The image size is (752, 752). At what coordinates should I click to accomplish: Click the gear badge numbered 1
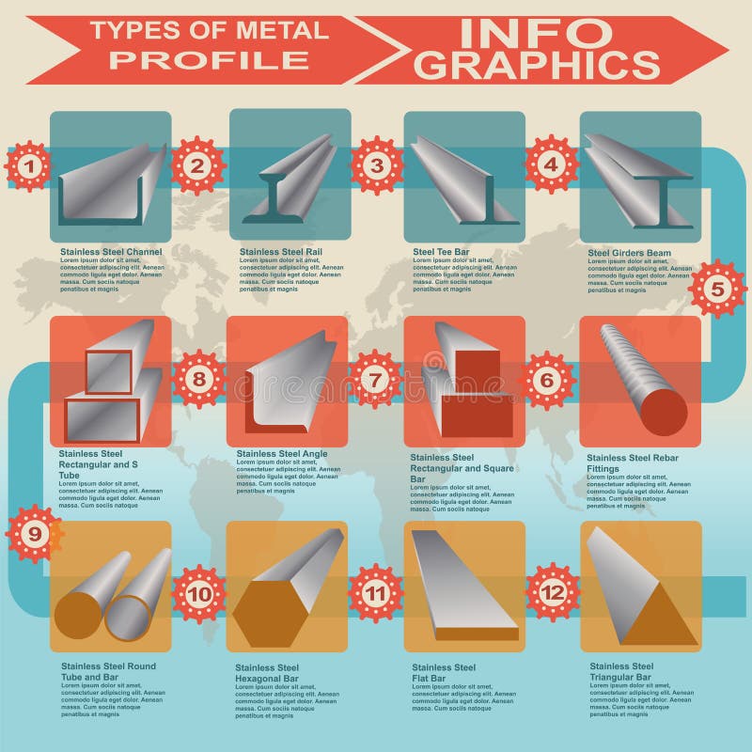coord(29,167)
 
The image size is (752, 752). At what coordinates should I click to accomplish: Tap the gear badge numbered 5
coord(716,289)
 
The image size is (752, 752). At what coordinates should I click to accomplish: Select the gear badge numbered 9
coord(34,534)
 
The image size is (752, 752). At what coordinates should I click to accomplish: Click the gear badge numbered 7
coord(375,380)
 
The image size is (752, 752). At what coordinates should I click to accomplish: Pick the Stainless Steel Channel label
coord(111,252)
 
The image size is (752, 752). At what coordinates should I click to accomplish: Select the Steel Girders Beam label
coord(629,253)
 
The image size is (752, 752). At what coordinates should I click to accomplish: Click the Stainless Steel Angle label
coord(282,454)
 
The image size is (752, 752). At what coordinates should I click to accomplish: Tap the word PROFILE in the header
coord(209,60)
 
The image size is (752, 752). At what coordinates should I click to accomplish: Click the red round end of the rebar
coord(666,411)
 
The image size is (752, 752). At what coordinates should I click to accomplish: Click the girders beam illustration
coord(639,179)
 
